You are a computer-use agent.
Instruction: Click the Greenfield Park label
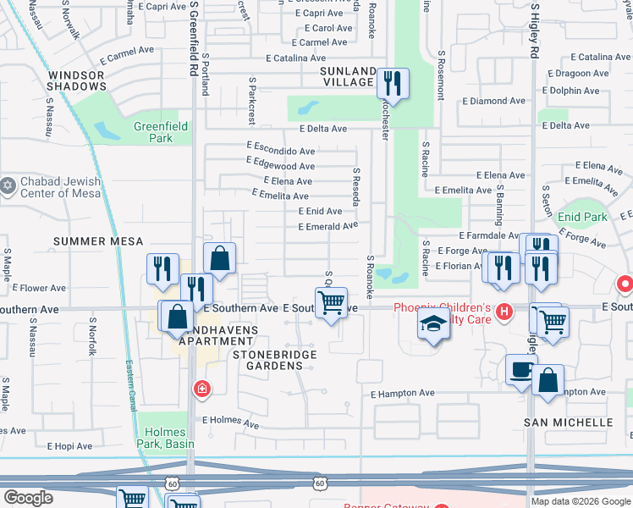(x=153, y=132)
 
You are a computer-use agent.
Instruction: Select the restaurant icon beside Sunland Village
(x=393, y=84)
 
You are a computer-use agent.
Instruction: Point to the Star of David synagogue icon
(x=8, y=185)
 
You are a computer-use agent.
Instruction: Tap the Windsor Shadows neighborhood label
(x=76, y=80)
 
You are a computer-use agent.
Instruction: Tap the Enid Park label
(x=582, y=218)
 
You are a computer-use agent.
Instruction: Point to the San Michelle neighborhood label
(x=568, y=422)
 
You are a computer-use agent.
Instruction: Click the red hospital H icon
(x=504, y=312)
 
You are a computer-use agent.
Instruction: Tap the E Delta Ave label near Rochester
(x=323, y=129)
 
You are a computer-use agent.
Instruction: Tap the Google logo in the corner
(x=28, y=498)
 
